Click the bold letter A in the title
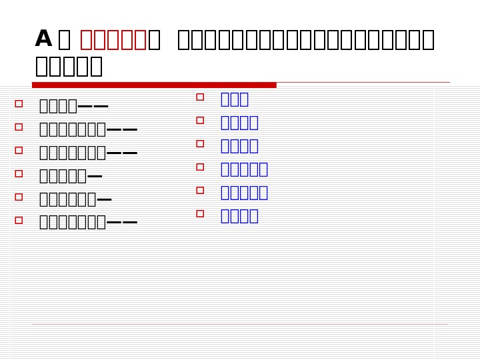43,39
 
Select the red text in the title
113,40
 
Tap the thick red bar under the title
154,85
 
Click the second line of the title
69,67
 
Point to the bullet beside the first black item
19,104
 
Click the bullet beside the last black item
19,220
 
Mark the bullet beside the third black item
19,151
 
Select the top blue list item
234,99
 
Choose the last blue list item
239,216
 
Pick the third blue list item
239,146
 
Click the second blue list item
239,123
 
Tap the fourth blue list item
244,169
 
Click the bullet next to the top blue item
200,97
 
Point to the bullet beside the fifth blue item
200,191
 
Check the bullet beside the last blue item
200,214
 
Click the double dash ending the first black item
93,107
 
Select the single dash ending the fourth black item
95,177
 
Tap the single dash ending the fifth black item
104,200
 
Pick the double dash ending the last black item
122,223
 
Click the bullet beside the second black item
19,127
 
